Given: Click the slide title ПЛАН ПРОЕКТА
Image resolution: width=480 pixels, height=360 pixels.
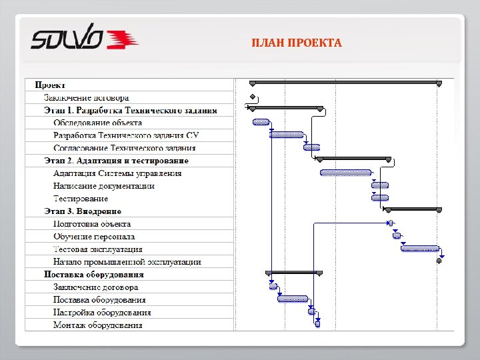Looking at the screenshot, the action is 297,43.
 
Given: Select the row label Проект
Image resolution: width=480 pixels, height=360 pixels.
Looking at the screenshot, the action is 50,85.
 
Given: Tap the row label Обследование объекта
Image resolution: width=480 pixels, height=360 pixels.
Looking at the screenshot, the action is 97,123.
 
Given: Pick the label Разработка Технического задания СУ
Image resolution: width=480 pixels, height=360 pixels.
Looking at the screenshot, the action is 126,135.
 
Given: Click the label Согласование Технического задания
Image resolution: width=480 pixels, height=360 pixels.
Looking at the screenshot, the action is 124,148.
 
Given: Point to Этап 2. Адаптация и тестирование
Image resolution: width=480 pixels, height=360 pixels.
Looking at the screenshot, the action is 116,161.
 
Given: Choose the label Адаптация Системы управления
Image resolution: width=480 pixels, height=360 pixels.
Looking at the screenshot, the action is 117,173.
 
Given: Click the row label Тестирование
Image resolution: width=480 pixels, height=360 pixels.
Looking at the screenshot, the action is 81,199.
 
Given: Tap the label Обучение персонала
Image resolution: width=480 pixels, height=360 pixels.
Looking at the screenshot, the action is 94,237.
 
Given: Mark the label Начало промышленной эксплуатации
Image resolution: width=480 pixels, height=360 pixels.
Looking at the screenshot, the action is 127,262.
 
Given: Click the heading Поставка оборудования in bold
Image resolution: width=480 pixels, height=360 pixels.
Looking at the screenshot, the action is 94,274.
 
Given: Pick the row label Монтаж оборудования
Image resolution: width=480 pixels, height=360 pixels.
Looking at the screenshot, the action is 97,325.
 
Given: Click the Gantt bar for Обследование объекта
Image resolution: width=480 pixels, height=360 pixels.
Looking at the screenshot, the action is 261,122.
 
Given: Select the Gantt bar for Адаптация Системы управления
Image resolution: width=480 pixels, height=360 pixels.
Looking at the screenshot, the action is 345,173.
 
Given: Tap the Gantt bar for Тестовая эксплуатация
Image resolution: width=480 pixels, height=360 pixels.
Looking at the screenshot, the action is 420,248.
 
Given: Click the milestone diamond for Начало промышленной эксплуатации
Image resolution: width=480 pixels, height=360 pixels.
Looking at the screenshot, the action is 439,261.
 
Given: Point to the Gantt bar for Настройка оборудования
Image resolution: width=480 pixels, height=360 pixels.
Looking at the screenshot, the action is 311,311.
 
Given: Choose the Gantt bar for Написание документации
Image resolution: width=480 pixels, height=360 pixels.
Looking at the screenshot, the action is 380,185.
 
